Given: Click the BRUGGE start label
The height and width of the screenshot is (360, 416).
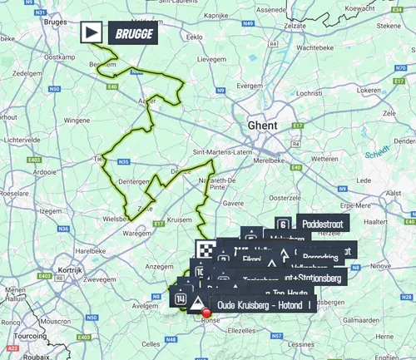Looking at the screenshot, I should [x=130, y=33].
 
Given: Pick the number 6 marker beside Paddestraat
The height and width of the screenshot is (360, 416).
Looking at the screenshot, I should [x=284, y=224].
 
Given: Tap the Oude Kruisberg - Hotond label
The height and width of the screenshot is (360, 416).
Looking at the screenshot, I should [x=258, y=304].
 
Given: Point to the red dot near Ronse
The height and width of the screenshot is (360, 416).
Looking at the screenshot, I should [x=206, y=313].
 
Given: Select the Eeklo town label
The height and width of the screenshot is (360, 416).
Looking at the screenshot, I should [x=196, y=37].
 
